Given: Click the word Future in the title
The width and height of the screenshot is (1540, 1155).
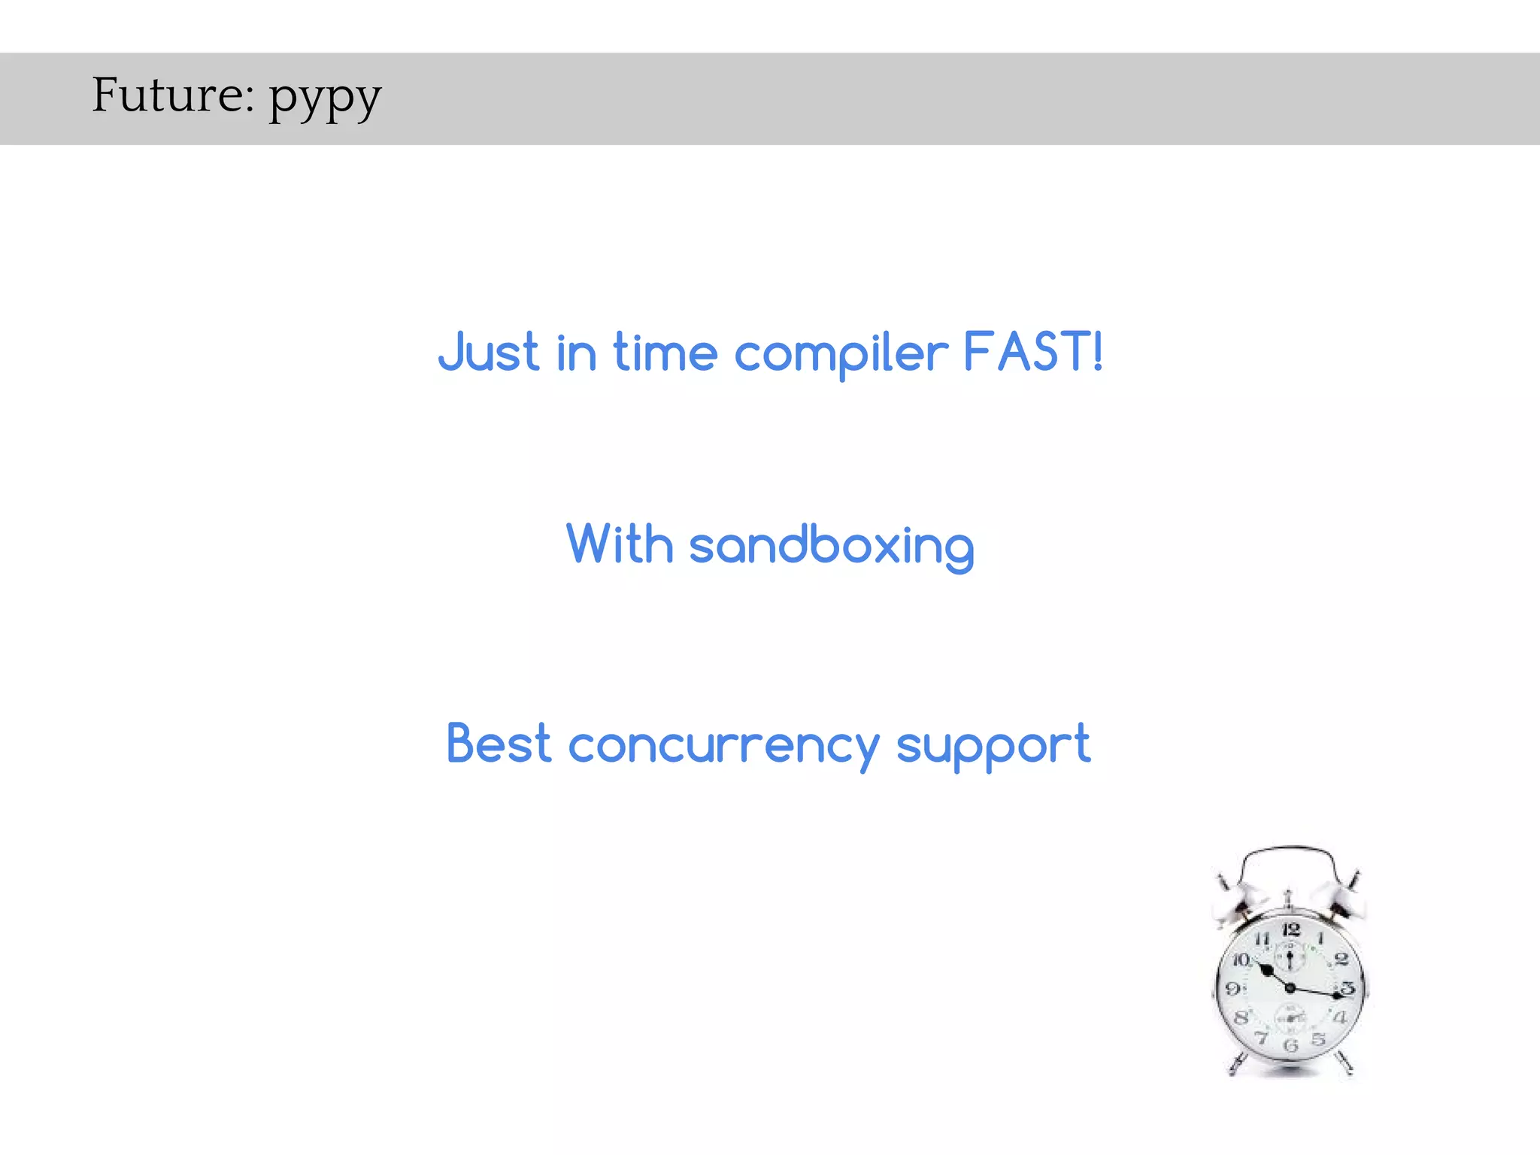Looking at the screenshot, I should (172, 95).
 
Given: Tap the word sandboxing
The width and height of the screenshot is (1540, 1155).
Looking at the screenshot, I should (831, 547).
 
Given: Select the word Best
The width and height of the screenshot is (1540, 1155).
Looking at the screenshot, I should (499, 744).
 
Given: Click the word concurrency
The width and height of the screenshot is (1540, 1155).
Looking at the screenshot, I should (723, 747).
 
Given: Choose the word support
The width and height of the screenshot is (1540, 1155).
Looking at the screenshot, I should (993, 747).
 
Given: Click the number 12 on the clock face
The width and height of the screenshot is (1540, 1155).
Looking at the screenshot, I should (1290, 930).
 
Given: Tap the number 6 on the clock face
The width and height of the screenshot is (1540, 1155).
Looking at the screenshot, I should (1291, 1045).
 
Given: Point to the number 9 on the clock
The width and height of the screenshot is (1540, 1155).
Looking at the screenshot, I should (1233, 988).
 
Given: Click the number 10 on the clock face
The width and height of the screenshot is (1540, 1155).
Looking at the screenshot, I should (1241, 959).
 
